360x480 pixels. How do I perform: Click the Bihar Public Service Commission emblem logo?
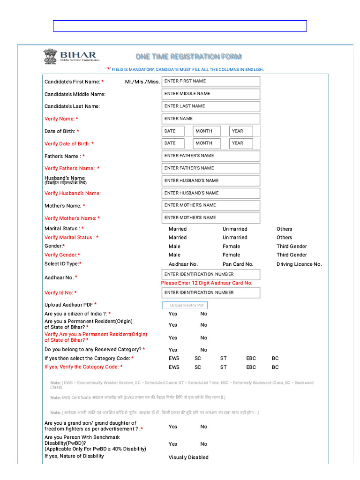pyautogui.click(x=49, y=56)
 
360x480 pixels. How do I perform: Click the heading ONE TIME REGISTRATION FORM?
pyautogui.click(x=188, y=57)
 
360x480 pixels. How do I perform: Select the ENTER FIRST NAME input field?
pyautogui.click(x=210, y=82)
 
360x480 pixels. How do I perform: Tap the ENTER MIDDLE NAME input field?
pyautogui.click(x=210, y=94)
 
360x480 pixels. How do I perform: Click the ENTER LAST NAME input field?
pyautogui.click(x=210, y=106)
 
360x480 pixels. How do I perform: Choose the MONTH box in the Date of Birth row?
pyautogui.click(x=207, y=131)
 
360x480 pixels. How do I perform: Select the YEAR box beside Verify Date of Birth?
pyautogui.click(x=241, y=143)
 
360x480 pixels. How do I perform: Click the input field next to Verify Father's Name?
pyautogui.click(x=210, y=168)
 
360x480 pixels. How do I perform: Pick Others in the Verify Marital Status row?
pyautogui.click(x=284, y=238)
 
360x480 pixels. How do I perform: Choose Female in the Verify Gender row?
pyautogui.click(x=231, y=255)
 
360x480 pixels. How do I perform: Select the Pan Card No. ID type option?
pyautogui.click(x=238, y=264)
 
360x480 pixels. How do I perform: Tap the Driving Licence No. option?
pyautogui.click(x=299, y=264)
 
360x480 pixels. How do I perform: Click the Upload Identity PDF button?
pyautogui.click(x=185, y=305)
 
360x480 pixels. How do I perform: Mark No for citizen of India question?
pyautogui.click(x=203, y=314)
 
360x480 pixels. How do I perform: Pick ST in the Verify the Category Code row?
pyautogui.click(x=224, y=367)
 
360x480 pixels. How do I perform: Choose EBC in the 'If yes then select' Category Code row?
pyautogui.click(x=251, y=359)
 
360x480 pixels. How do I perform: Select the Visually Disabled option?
pyautogui.click(x=188, y=457)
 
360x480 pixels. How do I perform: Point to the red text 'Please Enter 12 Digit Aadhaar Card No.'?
pyautogui.click(x=207, y=283)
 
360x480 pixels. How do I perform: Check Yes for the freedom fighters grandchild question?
pyautogui.click(x=172, y=427)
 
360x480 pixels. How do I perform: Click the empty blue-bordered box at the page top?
pyautogui.click(x=180, y=26)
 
